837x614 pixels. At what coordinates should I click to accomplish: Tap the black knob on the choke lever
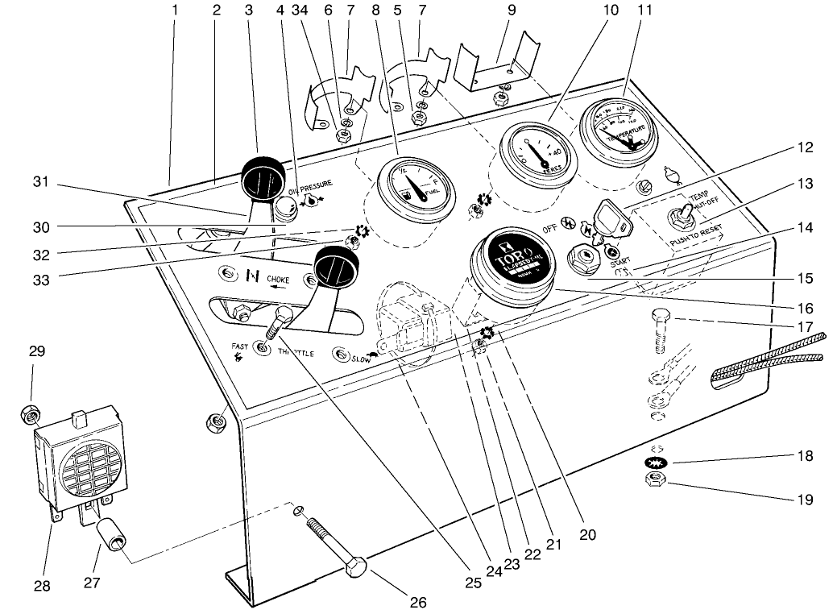(334, 265)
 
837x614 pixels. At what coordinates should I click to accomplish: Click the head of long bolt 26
(356, 567)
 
